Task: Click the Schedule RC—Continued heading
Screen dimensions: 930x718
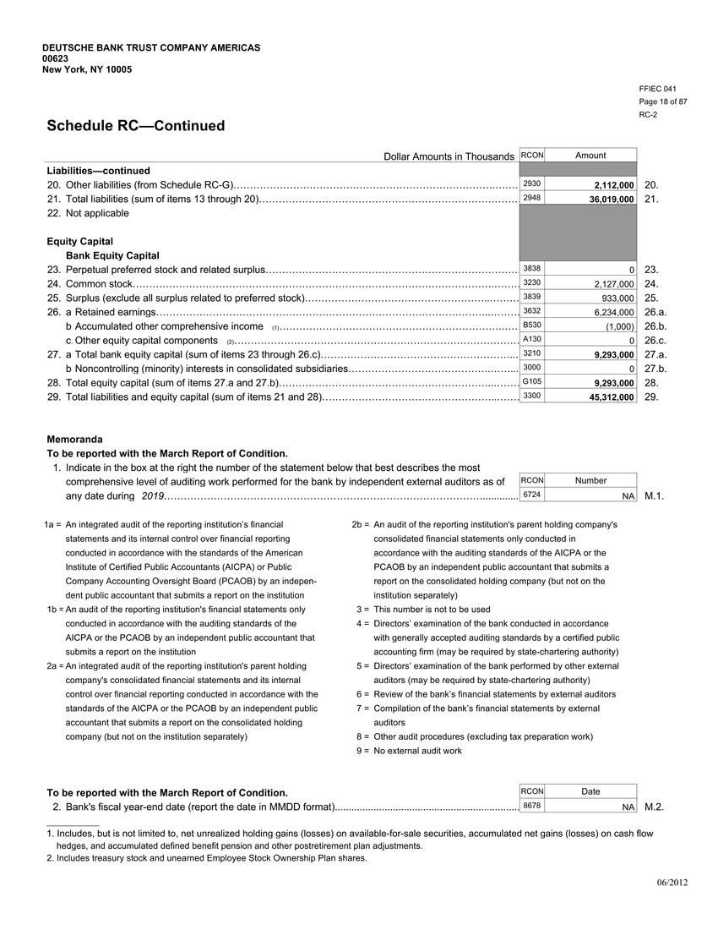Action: point(135,126)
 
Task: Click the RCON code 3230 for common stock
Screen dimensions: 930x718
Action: point(532,283)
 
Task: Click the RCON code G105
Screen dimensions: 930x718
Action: point(532,381)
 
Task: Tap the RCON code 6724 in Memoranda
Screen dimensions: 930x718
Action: point(532,495)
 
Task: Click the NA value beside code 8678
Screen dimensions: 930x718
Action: point(628,807)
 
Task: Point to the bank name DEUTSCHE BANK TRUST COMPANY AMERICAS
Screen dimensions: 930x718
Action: point(151,47)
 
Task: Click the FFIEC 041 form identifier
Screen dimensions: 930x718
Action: point(658,89)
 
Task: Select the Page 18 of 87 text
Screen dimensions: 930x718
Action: point(662,101)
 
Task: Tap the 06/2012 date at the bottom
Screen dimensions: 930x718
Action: point(672,883)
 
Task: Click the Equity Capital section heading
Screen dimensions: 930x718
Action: point(79,242)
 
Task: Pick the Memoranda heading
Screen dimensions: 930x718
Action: point(74,440)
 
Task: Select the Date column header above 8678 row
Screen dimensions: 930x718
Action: point(590,791)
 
